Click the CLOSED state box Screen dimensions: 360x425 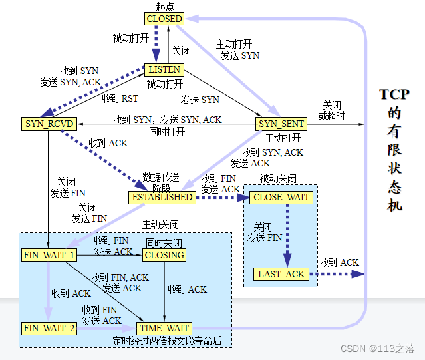point(164,19)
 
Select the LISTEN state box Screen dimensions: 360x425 point(164,69)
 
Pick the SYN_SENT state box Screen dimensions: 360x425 point(281,124)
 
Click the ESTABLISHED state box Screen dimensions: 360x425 point(162,197)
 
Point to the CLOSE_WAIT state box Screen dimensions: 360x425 point(281,198)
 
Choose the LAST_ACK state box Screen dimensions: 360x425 point(281,274)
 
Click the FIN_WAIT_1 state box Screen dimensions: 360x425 point(49,255)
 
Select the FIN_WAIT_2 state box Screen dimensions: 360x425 point(49,328)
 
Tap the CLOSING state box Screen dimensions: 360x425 point(164,255)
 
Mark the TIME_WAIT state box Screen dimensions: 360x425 point(164,328)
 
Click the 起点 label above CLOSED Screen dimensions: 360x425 point(164,7)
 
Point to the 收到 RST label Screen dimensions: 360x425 point(120,98)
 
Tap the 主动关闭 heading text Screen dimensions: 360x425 point(160,224)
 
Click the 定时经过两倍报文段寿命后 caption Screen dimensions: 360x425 point(167,341)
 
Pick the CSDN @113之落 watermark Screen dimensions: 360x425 point(378,348)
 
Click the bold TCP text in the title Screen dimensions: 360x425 point(395,94)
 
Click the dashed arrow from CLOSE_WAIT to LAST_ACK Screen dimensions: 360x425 point(289,233)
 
